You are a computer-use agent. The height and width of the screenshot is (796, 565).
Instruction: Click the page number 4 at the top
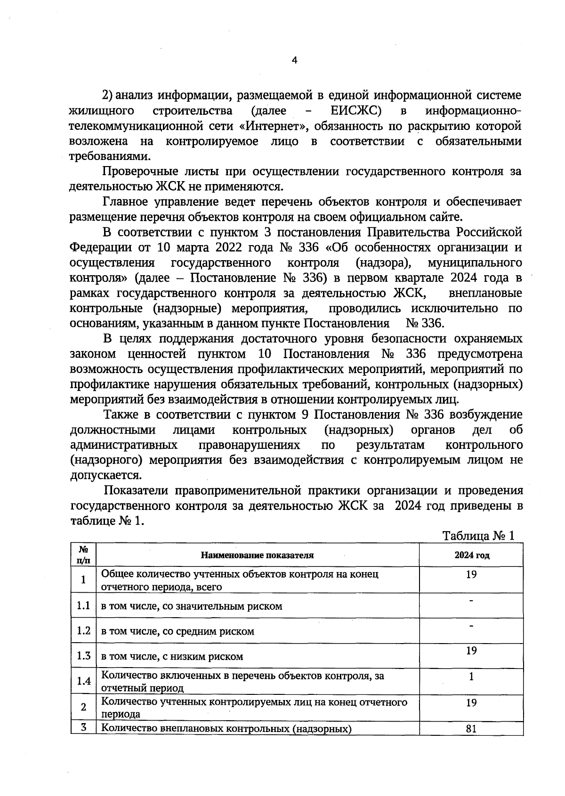[x=295, y=60]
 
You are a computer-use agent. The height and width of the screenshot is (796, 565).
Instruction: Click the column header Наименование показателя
[x=257, y=555]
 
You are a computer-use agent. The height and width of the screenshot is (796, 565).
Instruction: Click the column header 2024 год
[x=471, y=555]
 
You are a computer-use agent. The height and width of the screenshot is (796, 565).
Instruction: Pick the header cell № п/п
[x=83, y=555]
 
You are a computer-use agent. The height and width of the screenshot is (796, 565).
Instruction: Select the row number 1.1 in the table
[x=83, y=605]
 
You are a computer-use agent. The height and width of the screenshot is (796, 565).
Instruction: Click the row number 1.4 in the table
[x=83, y=681]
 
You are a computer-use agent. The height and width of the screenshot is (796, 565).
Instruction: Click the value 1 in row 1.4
[x=471, y=677]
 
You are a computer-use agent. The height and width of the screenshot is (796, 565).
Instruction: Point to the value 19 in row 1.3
[x=471, y=651]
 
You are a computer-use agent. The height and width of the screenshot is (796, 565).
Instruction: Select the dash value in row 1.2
[x=471, y=626]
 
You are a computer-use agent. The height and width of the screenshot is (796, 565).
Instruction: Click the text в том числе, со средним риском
[x=178, y=631]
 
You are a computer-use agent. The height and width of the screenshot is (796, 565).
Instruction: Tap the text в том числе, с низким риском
[x=172, y=656]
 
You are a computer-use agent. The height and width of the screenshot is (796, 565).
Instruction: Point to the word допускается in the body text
[x=105, y=475]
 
